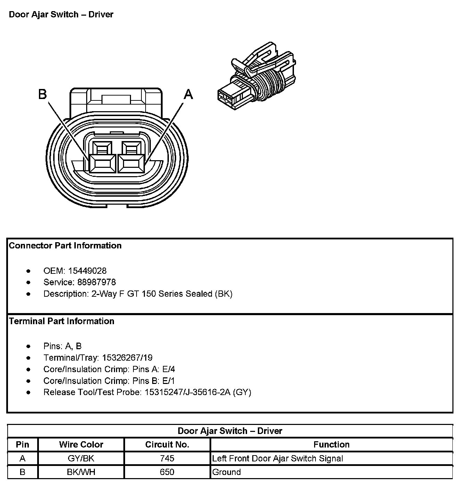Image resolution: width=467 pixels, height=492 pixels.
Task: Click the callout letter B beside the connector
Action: pyautogui.click(x=42, y=94)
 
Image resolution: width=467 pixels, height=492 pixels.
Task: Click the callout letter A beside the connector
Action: pyautogui.click(x=188, y=94)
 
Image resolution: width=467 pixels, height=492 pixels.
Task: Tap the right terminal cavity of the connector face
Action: pyautogui.click(x=131, y=163)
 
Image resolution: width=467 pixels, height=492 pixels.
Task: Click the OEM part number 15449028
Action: pyautogui.click(x=87, y=271)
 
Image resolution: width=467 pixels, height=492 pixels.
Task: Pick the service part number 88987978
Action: pyautogui.click(x=92, y=282)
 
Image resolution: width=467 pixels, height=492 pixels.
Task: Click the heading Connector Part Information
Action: pyautogui.click(x=65, y=246)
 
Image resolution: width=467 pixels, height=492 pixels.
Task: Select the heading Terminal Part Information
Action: pyautogui.click(x=62, y=321)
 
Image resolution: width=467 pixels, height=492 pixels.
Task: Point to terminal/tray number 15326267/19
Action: pyautogui.click(x=127, y=358)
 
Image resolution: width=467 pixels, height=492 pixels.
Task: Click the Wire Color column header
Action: pyautogui.click(x=81, y=444)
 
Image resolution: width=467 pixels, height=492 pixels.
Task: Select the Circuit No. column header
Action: pyautogui.click(x=167, y=444)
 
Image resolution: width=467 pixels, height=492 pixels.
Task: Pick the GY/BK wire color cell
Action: pyautogui.click(x=81, y=458)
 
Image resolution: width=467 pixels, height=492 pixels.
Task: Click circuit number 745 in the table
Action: pyautogui.click(x=167, y=458)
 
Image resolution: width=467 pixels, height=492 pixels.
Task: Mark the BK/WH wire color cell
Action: pyautogui.click(x=81, y=472)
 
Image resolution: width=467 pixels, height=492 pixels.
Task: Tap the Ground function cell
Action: pyautogui.click(x=227, y=472)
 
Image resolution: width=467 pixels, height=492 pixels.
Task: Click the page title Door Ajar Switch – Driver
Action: pyautogui.click(x=61, y=15)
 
